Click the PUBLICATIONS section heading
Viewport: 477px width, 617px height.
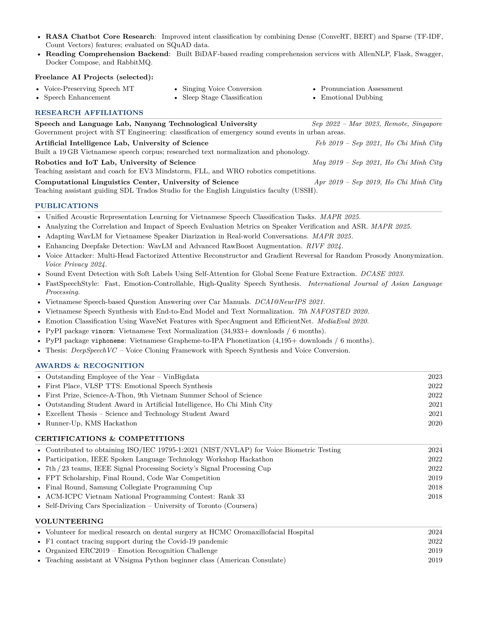pyautogui.click(x=66, y=206)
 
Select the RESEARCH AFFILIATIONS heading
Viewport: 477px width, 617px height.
pyautogui.click(x=89, y=113)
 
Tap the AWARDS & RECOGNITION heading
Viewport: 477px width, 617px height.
pyautogui.click(x=90, y=365)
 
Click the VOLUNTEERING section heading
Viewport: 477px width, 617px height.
pyautogui.click(x=69, y=521)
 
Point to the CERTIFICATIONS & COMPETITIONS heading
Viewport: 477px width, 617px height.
pyautogui.click(x=110, y=438)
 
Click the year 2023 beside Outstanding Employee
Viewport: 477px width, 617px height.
pyautogui.click(x=435, y=377)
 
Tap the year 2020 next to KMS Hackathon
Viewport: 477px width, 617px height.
pyautogui.click(x=435, y=423)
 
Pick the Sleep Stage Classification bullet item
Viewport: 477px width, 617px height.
pyautogui.click(x=222, y=98)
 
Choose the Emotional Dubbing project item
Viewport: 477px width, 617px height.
pyautogui.click(x=352, y=98)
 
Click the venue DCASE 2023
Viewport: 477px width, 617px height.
pyautogui.click(x=382, y=274)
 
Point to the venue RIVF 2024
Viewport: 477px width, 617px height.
pyautogui.click(x=324, y=246)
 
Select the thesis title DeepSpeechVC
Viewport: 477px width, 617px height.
pyautogui.click(x=94, y=351)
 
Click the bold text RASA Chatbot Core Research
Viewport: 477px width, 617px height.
pyautogui.click(x=100, y=37)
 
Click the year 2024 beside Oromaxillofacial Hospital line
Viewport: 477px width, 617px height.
pyautogui.click(x=435, y=532)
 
